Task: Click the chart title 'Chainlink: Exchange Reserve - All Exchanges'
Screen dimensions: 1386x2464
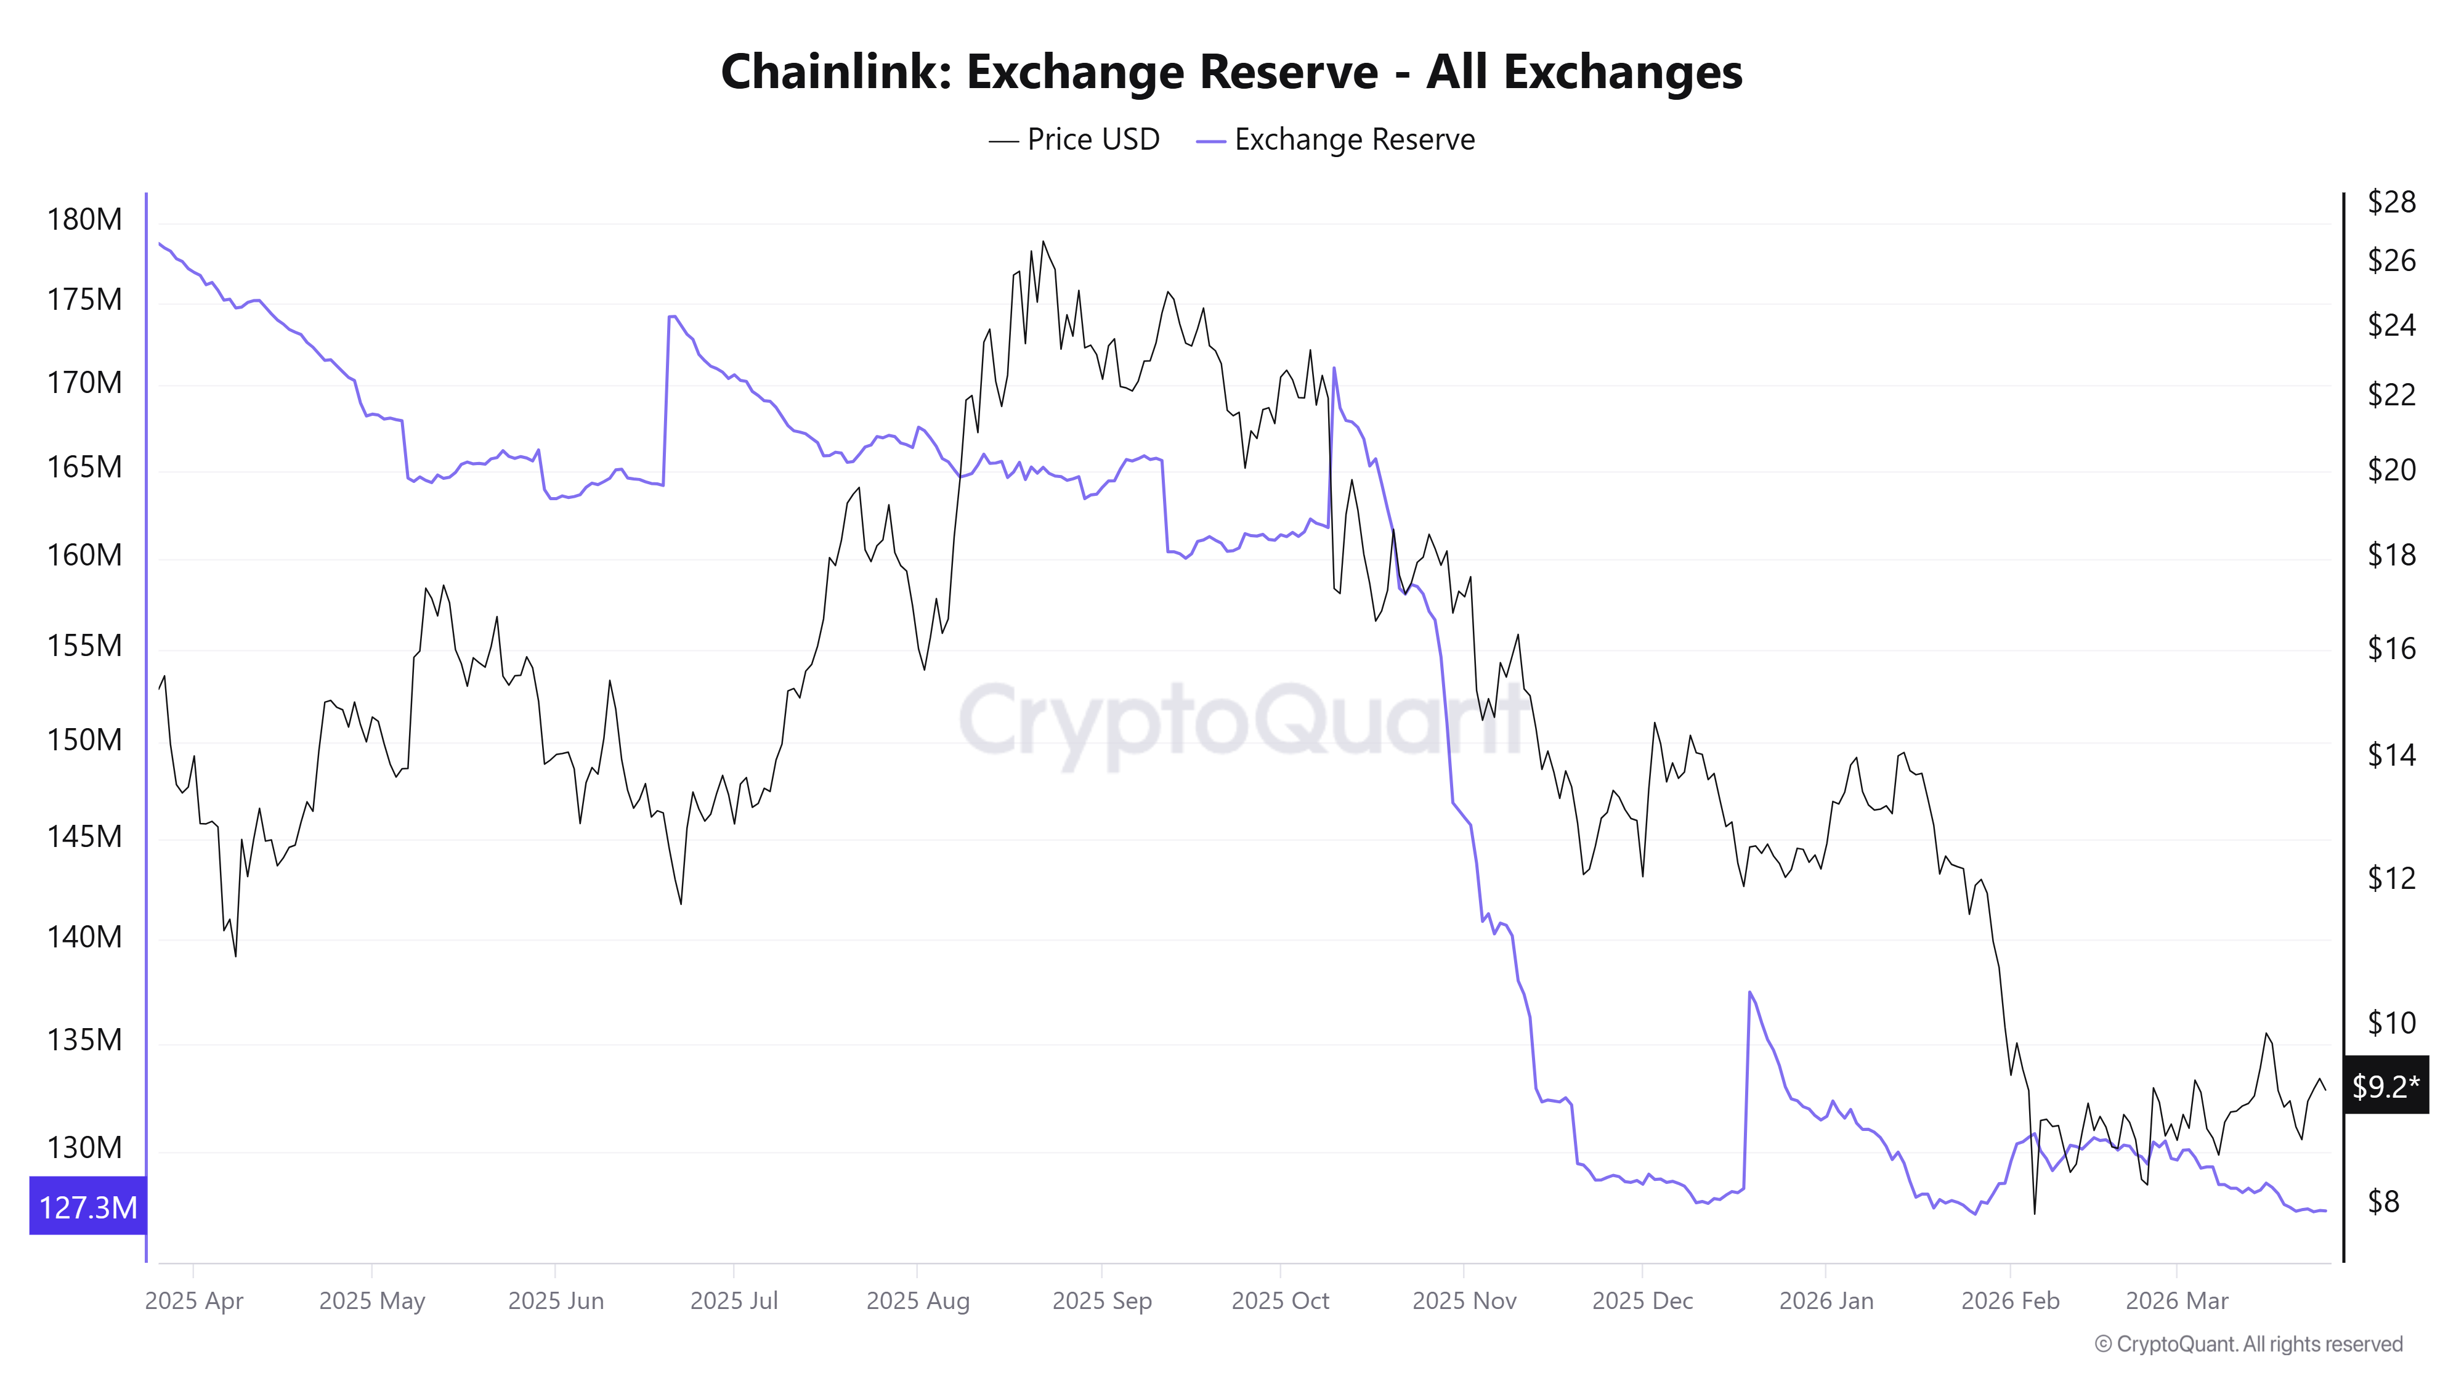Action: click(x=1231, y=71)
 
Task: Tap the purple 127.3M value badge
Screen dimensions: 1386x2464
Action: click(x=88, y=1207)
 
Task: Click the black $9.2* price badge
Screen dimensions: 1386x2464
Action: click(x=2385, y=1085)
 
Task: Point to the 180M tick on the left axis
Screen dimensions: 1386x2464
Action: click(x=84, y=220)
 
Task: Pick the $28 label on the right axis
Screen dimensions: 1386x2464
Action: click(x=2390, y=202)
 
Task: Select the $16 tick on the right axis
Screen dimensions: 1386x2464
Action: click(x=2390, y=649)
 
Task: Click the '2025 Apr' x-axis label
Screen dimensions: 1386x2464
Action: click(x=194, y=1301)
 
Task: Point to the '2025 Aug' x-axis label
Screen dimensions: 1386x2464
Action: click(x=917, y=1301)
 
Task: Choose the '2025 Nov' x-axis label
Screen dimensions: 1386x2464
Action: click(x=1464, y=1301)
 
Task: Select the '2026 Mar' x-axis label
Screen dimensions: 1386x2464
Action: click(x=2176, y=1301)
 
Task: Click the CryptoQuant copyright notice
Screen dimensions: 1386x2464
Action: click(x=2248, y=1344)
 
